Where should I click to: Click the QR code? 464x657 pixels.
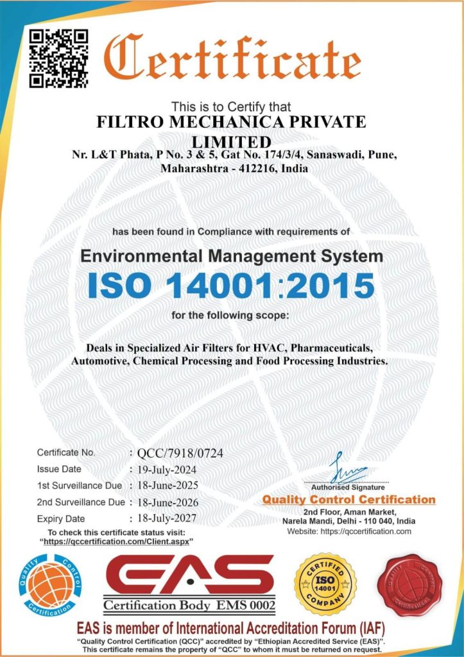coord(59,58)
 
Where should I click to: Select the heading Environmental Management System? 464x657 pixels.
coord(232,257)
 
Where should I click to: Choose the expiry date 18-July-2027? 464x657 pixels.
coord(169,518)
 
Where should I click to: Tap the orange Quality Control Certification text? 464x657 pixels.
coord(348,499)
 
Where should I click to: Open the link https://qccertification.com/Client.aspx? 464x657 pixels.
coord(117,542)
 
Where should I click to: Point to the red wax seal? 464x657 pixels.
coord(409,585)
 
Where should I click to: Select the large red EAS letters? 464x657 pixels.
coord(190,575)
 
